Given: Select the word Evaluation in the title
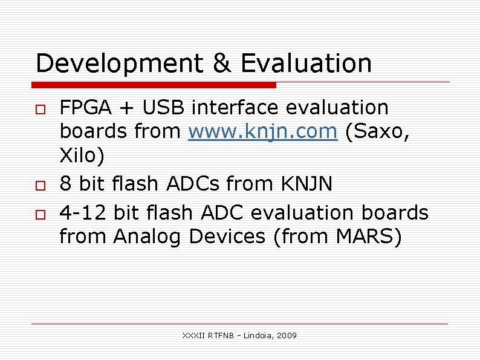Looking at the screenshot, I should [306, 64].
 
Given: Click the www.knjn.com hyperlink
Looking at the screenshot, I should [263, 131].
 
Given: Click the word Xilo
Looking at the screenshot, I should [81, 156].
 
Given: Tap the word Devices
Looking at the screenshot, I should [227, 237].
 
